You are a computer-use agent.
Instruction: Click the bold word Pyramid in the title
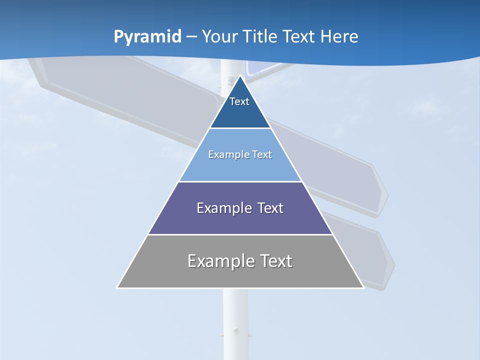tap(147, 36)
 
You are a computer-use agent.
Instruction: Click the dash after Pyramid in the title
tap(191, 37)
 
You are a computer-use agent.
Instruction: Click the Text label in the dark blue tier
tap(239, 101)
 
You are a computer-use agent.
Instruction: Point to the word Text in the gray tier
tap(276, 261)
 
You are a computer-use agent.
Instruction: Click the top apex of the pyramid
tap(240, 76)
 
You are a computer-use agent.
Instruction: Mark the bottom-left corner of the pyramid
tap(117, 287)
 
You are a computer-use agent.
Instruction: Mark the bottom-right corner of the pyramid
tap(363, 287)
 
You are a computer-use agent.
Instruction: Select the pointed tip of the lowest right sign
tap(394, 263)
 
